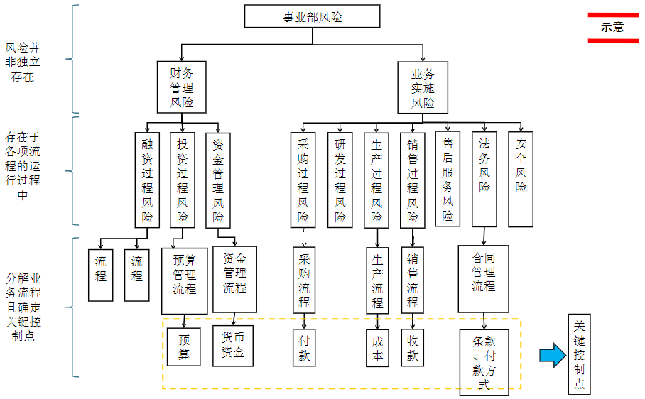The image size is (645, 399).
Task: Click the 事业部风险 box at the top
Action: click(x=312, y=16)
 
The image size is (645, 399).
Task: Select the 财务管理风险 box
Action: click(x=182, y=87)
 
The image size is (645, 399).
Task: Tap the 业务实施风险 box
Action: click(x=423, y=87)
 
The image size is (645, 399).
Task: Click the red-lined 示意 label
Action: click(x=612, y=27)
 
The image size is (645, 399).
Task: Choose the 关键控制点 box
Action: click(x=579, y=354)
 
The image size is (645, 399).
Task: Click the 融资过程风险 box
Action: click(x=147, y=180)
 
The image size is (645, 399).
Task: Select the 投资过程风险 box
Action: click(x=183, y=180)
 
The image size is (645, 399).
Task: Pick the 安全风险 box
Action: click(x=521, y=179)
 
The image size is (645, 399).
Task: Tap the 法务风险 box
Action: click(x=484, y=179)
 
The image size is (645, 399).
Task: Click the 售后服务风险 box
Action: click(x=448, y=179)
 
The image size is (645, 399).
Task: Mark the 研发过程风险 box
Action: click(x=340, y=180)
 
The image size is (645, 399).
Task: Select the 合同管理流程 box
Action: click(x=484, y=279)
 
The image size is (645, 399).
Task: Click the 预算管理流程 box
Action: click(x=185, y=280)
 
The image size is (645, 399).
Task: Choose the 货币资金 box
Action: click(x=233, y=345)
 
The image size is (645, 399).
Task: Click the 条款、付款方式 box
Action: click(x=484, y=362)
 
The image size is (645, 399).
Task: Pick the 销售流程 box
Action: click(x=413, y=280)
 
